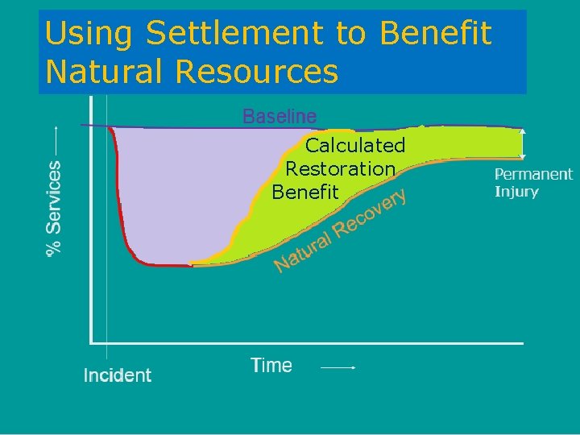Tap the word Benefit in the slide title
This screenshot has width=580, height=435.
(435, 34)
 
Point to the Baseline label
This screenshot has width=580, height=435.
(280, 117)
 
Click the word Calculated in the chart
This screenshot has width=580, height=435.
(354, 146)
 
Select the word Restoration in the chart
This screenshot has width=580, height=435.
(341, 169)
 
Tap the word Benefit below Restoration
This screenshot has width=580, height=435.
(305, 193)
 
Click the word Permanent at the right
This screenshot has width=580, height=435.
(532, 174)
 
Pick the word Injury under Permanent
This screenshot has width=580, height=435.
(516, 192)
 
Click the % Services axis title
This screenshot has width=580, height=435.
(53, 208)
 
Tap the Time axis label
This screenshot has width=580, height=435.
(271, 366)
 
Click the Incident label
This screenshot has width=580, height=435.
(118, 375)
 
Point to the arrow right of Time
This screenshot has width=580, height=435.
(338, 367)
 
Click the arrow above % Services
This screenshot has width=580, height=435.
(55, 140)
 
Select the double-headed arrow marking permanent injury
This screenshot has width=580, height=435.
(523, 143)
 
